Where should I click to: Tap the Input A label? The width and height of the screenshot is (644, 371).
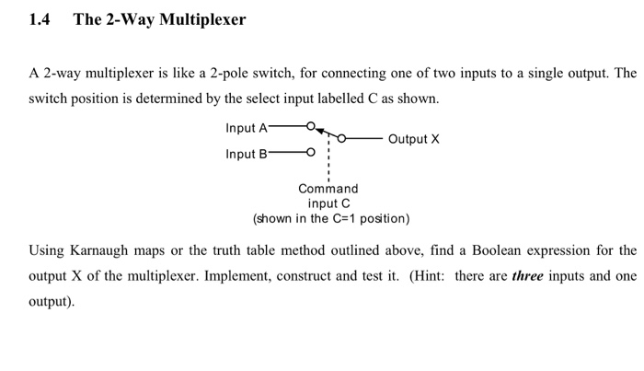point(247,127)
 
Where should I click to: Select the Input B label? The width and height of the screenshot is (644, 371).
point(247,154)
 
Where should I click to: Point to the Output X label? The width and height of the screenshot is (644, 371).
point(414,139)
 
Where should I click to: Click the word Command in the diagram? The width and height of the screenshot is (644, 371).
point(328,189)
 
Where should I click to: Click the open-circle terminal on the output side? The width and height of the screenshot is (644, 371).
point(342,139)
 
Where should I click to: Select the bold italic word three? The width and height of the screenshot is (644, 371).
point(527,275)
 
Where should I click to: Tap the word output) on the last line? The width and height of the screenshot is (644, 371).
point(52,301)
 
